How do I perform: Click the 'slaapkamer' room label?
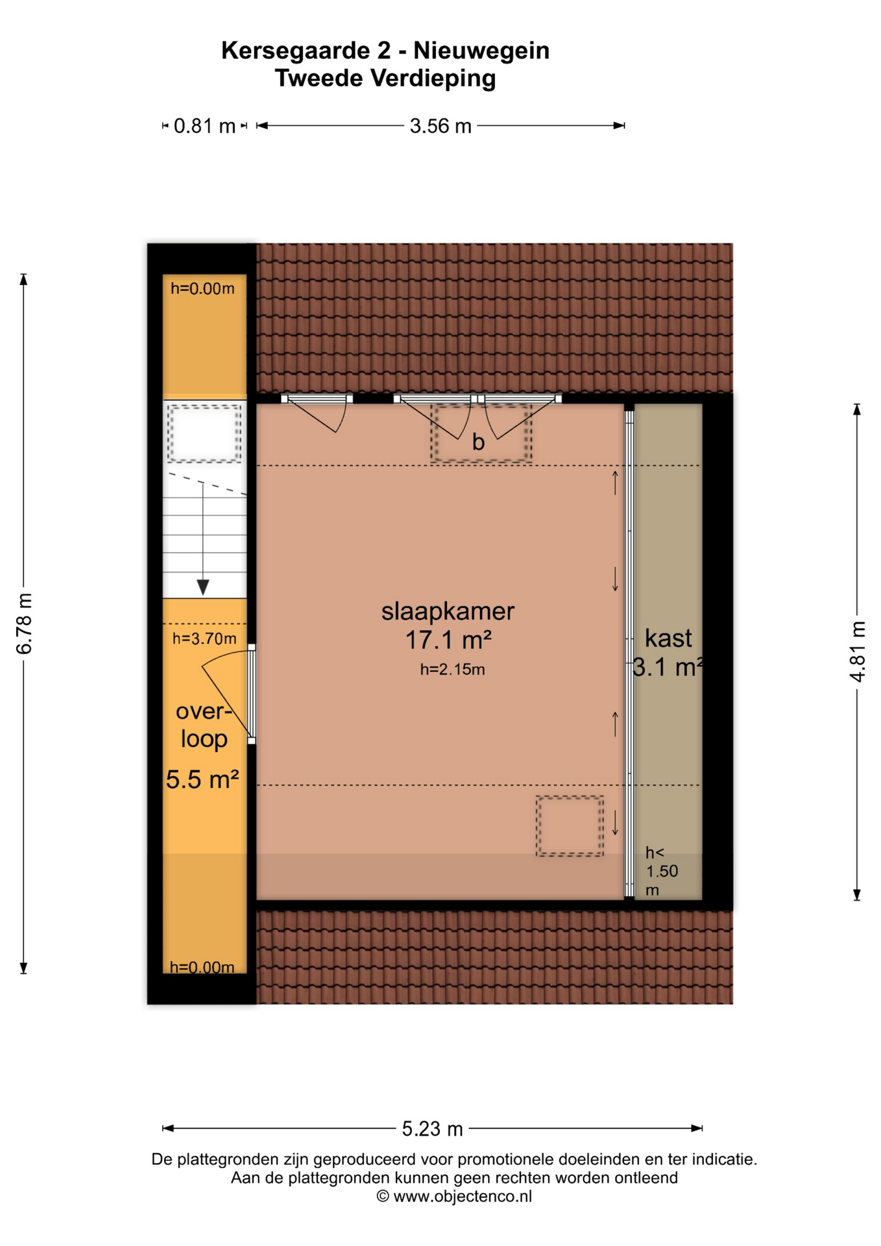coord(448,611)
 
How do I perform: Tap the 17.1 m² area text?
coord(448,641)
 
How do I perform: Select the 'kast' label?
coord(668,639)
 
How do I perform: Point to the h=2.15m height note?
coord(452,670)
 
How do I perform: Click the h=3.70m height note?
coord(204,639)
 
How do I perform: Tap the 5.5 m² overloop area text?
coord(202,779)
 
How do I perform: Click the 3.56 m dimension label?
coord(440,126)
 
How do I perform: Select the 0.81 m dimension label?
coord(204,126)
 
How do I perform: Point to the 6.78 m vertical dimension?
coord(24,624)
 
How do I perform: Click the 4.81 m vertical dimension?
coord(858,652)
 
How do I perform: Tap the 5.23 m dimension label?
coord(432,1129)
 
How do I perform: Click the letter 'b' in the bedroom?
coord(478,442)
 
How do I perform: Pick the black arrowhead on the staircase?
coord(203,587)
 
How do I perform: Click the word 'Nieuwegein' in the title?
coord(481,51)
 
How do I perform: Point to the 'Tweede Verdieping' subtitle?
coord(385,79)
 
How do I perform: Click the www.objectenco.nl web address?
coord(462,1197)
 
